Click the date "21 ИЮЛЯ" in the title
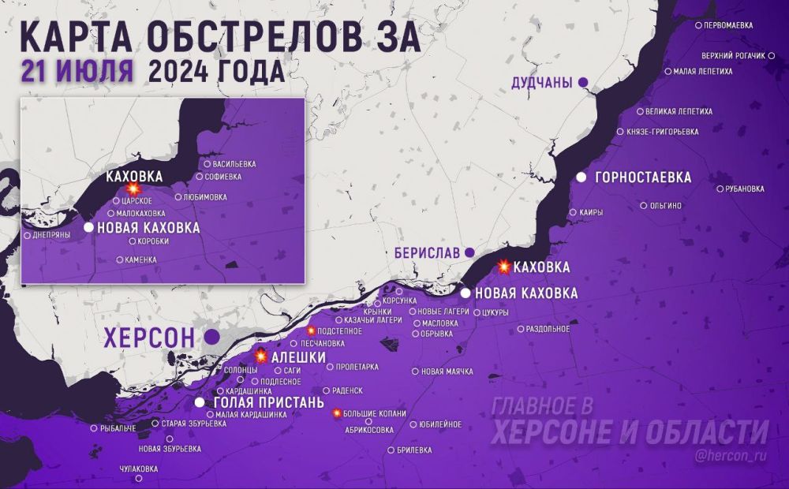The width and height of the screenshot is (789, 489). (77, 71)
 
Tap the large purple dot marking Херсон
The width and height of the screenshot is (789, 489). (211, 337)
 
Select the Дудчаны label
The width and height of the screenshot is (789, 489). (542, 82)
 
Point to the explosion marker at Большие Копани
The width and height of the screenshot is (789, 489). (337, 413)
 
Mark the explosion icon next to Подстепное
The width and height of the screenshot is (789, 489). (312, 330)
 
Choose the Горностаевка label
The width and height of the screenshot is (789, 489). (644, 177)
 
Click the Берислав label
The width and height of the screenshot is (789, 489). (426, 252)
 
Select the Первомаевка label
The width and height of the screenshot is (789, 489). (728, 25)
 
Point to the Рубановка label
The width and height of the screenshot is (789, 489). (745, 189)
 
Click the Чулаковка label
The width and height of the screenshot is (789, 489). (138, 468)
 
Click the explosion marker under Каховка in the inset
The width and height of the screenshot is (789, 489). (133, 190)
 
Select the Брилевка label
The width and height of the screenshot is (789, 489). (414, 450)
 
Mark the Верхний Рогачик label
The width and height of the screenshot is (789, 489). (733, 56)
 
